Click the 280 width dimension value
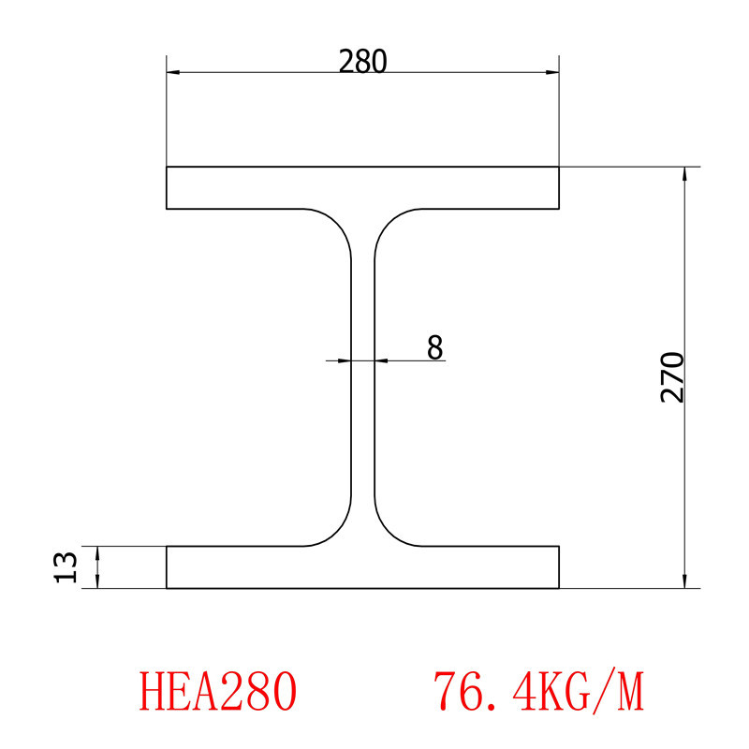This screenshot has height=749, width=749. click(x=362, y=61)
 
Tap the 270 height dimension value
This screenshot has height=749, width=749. click(x=673, y=377)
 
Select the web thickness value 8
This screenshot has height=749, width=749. click(x=434, y=347)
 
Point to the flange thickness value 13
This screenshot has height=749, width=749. click(x=65, y=567)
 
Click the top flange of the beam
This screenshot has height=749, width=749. click(x=362, y=187)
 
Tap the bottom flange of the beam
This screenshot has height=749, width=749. click(x=362, y=567)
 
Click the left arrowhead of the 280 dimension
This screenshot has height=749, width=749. click(x=172, y=72)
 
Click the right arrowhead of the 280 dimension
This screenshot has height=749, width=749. click(x=553, y=72)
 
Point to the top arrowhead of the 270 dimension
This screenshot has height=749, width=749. click(x=685, y=174)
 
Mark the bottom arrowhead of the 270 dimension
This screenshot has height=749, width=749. click(x=685, y=581)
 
